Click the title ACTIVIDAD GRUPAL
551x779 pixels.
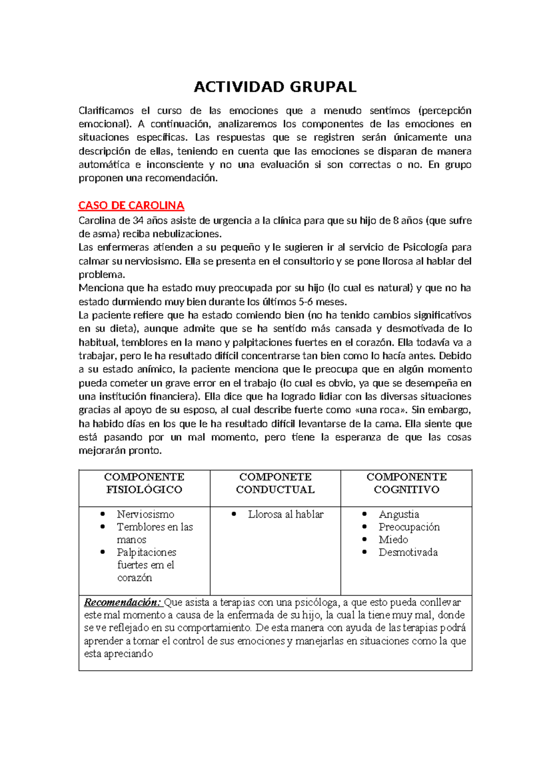tap(275, 87)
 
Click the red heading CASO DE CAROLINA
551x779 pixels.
tap(131, 205)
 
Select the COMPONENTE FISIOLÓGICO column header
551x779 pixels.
tap(144, 483)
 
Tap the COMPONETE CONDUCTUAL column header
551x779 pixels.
tap(275, 483)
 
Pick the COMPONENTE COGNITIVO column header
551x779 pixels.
tap(406, 483)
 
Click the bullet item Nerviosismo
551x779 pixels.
tap(146, 514)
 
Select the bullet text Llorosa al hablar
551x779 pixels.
tap(286, 514)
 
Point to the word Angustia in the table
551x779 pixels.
tap(399, 514)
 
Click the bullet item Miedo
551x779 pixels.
tap(393, 540)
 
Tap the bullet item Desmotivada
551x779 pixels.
tap(408, 553)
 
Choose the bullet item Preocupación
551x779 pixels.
tap(409, 527)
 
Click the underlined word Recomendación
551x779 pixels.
tap(122, 602)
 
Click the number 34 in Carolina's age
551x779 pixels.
tap(138, 220)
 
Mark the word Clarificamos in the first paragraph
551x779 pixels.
tap(106, 111)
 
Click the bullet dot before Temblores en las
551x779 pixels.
tap(103, 527)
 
